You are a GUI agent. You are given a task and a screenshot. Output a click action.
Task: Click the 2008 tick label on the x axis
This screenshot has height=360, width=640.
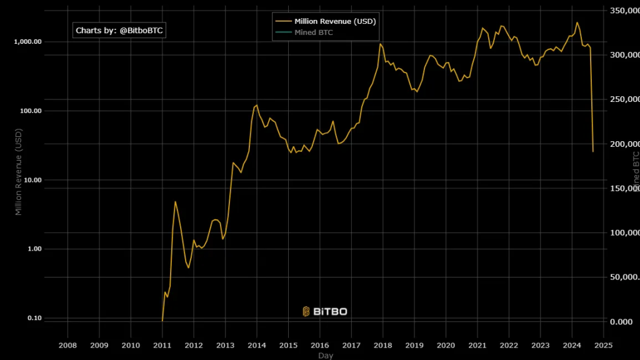pyautogui.click(x=67, y=344)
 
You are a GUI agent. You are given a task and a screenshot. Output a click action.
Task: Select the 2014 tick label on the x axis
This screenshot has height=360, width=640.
pyautogui.click(x=257, y=344)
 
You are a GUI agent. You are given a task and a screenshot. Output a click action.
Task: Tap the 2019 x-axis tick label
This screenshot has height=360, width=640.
pyautogui.click(x=414, y=344)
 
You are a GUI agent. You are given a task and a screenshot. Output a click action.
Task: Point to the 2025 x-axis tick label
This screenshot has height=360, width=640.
pyautogui.click(x=603, y=344)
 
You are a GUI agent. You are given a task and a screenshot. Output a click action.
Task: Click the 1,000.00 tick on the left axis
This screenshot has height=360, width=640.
pyautogui.click(x=28, y=42)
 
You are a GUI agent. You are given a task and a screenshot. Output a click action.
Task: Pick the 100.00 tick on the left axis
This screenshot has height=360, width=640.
pyautogui.click(x=31, y=111)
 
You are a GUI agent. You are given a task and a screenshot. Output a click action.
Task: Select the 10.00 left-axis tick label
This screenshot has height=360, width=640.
pyautogui.click(x=32, y=180)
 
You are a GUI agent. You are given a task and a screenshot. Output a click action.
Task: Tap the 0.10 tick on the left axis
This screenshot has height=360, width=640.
pyautogui.click(x=34, y=318)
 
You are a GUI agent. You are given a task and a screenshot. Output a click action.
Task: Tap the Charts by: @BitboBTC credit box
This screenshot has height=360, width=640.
pyautogui.click(x=120, y=30)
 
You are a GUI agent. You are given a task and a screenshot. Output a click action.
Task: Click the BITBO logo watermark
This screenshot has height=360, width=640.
pyautogui.click(x=324, y=311)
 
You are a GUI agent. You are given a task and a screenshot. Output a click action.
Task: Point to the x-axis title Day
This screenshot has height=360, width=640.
pyautogui.click(x=325, y=356)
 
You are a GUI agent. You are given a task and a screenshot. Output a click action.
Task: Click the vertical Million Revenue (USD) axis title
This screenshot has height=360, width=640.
pyautogui.click(x=19, y=172)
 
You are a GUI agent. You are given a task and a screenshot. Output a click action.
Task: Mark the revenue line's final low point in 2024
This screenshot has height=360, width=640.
pyautogui.click(x=593, y=151)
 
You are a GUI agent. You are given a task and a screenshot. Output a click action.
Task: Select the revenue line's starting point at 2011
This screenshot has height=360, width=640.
pyautogui.click(x=162, y=321)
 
